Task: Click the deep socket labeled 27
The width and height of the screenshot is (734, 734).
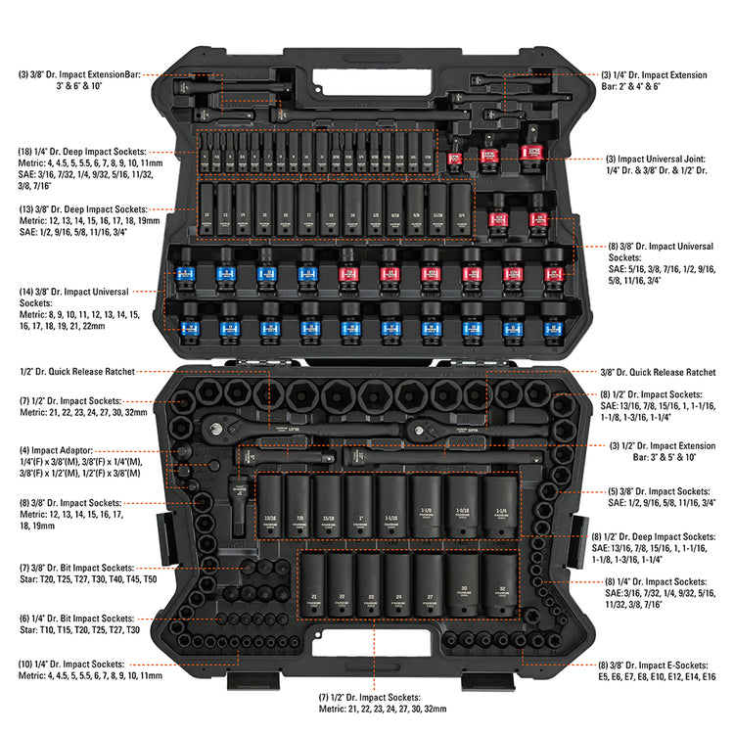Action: click(429, 590)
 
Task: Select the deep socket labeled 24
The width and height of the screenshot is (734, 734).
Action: click(397, 590)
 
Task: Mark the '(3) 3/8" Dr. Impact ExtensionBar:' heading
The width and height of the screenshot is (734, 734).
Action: click(81, 74)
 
